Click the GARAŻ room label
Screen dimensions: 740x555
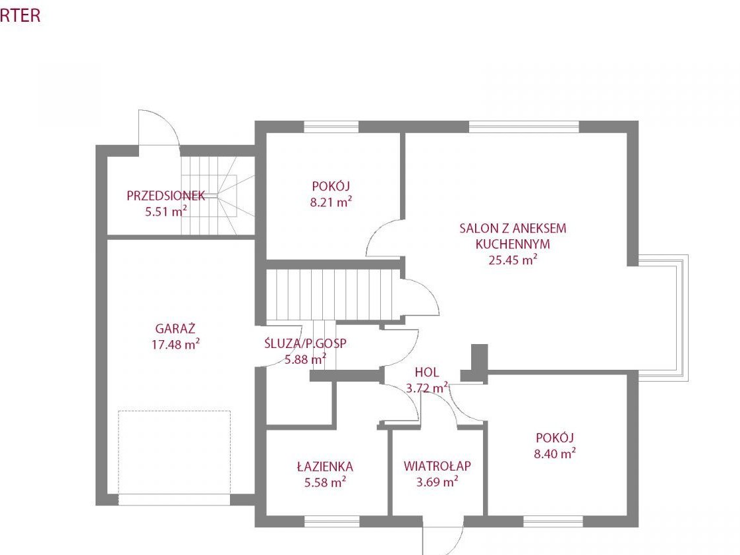pyautogui.click(x=175, y=328)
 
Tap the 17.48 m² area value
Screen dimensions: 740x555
pyautogui.click(x=175, y=344)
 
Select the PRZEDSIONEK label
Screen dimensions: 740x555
pyautogui.click(x=165, y=195)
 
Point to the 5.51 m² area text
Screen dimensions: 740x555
pyautogui.click(x=166, y=211)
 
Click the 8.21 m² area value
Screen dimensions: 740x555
pyautogui.click(x=331, y=202)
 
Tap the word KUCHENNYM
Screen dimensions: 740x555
pyautogui.click(x=513, y=244)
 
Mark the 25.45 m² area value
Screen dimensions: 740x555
pyautogui.click(x=513, y=260)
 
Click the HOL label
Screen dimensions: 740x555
pyautogui.click(x=426, y=372)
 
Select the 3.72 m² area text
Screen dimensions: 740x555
pyautogui.click(x=427, y=388)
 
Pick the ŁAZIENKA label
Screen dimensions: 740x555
pyautogui.click(x=325, y=467)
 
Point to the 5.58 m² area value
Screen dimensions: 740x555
pyautogui.click(x=325, y=482)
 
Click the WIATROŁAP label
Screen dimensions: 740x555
pyautogui.click(x=438, y=466)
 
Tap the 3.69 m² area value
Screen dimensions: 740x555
pyautogui.click(x=438, y=482)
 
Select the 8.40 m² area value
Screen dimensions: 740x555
pyautogui.click(x=555, y=453)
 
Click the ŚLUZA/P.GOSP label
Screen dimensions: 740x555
pyautogui.click(x=305, y=343)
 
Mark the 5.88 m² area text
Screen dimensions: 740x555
pyautogui.click(x=305, y=359)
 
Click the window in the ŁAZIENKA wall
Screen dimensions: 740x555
pyautogui.click(x=331, y=521)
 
